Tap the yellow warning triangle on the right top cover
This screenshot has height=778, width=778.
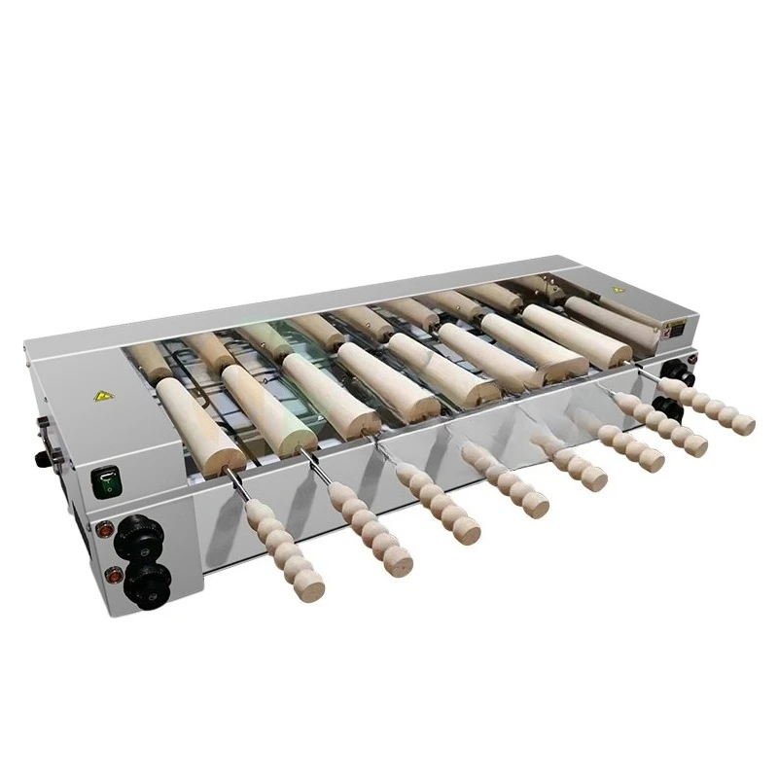(x=619, y=290)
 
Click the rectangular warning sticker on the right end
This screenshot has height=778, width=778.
(x=672, y=330)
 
